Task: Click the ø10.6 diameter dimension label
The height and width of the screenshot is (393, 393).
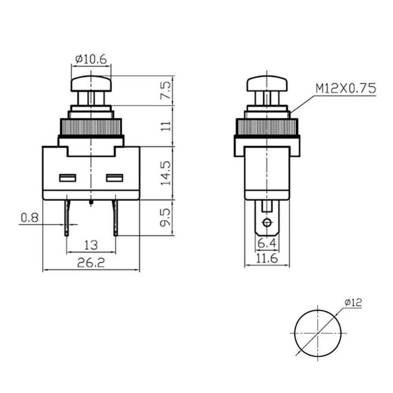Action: [91, 59]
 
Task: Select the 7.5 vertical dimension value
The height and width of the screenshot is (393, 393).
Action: [166, 90]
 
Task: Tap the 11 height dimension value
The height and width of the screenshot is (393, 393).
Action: [166, 126]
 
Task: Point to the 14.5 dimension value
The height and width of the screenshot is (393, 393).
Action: [166, 173]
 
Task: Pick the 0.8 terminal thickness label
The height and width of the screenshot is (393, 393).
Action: [29, 218]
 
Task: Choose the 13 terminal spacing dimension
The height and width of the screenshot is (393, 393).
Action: [91, 245]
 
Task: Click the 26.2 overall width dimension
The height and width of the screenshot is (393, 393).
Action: [91, 263]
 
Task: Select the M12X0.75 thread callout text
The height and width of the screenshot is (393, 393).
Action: [345, 88]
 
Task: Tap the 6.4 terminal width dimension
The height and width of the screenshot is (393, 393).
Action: [267, 243]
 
